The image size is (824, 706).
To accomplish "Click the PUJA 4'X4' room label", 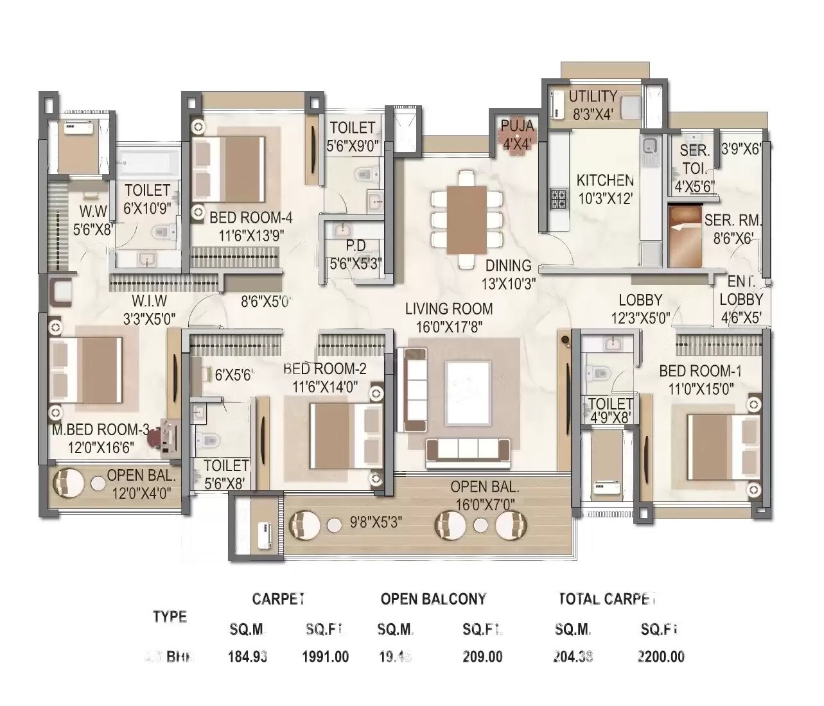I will pos(517,134).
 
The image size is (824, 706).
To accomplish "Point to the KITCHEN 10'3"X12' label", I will pos(605,189).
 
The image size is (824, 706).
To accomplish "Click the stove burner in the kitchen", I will pos(557,200).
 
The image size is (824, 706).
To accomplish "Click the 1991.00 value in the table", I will pos(325,657).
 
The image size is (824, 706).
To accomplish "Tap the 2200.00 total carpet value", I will pos(660,657).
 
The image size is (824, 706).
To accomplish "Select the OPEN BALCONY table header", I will pos(433,599).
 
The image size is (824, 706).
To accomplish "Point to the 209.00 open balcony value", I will pos(482,657).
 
